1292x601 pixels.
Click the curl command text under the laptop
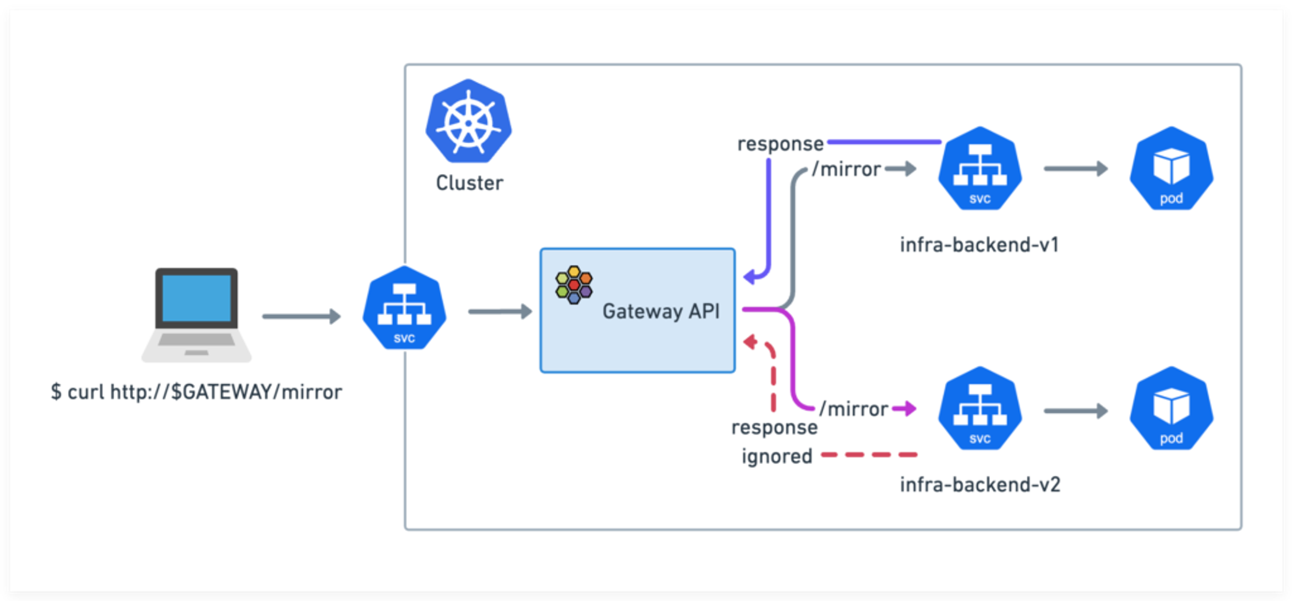tap(196, 392)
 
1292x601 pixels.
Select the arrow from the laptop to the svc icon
tap(301, 317)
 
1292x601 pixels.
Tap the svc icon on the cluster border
tap(404, 309)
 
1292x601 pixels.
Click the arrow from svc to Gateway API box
tap(500, 312)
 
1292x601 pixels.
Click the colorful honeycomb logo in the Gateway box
tap(574, 285)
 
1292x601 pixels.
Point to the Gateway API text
tap(661, 311)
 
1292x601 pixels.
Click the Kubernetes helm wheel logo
tap(468, 121)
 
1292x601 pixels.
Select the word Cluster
tap(469, 183)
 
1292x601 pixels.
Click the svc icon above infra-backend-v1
tap(980, 169)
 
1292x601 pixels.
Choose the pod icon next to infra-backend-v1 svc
tap(1171, 169)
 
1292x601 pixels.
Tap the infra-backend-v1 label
tap(979, 245)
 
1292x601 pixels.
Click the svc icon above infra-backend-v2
tap(980, 409)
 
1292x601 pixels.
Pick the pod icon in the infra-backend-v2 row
tap(1171, 409)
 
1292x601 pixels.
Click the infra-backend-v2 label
tap(980, 485)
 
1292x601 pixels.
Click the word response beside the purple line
tap(780, 144)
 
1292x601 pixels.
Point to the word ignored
tap(777, 457)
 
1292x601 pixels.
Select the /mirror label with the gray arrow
tap(846, 169)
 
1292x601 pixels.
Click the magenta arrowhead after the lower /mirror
tap(908, 408)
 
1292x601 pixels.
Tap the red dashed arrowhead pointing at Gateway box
tap(750, 342)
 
